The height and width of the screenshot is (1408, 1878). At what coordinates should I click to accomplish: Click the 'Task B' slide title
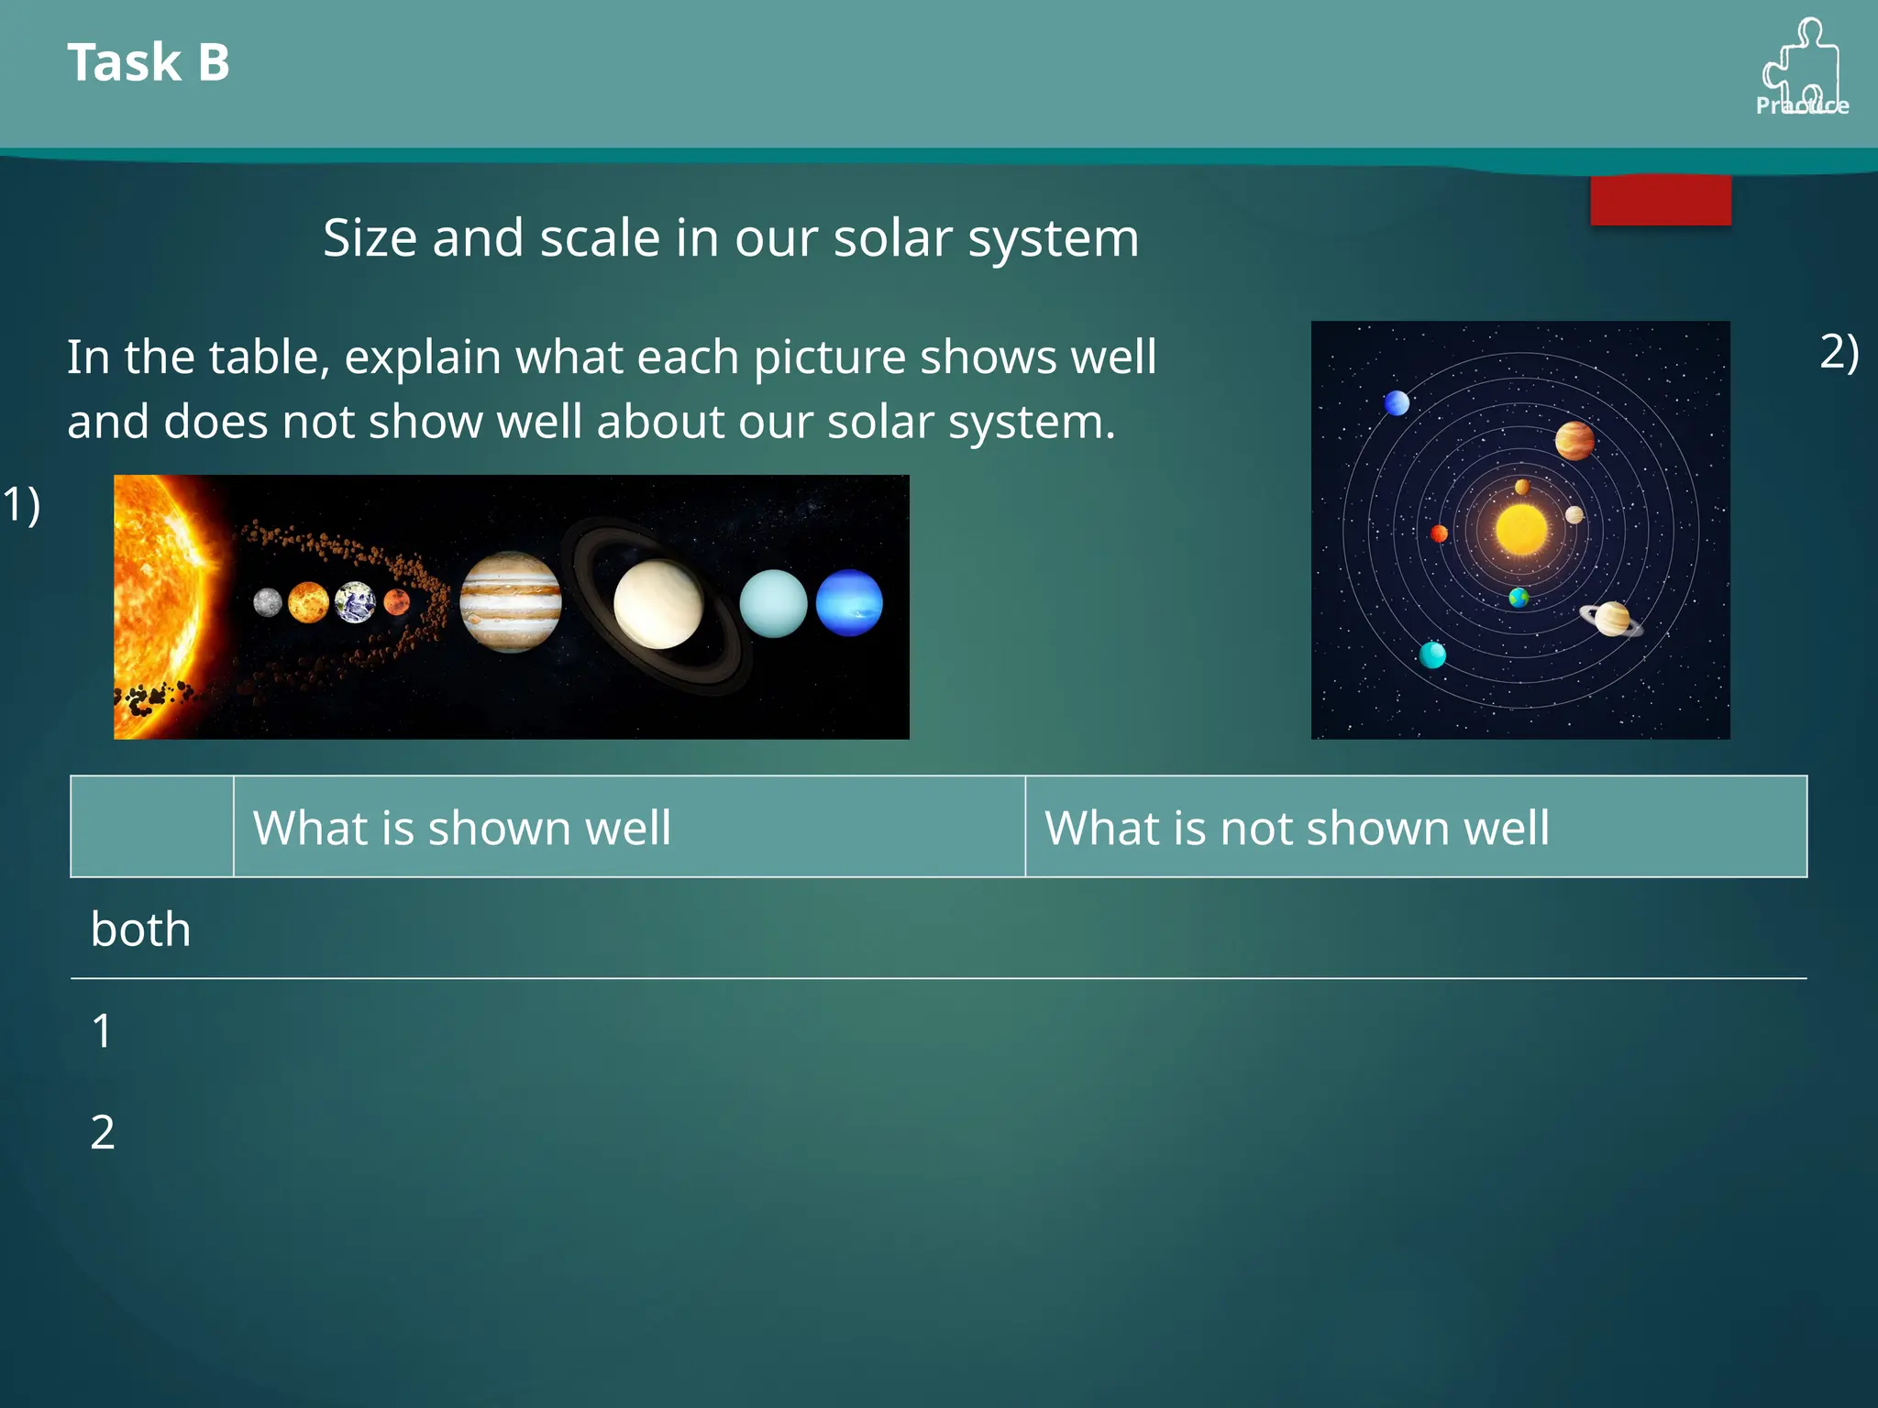(149, 62)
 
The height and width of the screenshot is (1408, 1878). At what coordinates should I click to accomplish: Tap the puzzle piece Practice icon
(1801, 68)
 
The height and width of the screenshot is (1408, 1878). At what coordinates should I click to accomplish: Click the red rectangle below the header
(1660, 200)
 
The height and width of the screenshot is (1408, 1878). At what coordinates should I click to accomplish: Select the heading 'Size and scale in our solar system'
(731, 238)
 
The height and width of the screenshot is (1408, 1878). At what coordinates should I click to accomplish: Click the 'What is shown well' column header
(462, 828)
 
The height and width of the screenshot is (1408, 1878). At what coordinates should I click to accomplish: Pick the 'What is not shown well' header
(1297, 828)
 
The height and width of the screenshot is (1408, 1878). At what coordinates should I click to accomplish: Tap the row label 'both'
(141, 929)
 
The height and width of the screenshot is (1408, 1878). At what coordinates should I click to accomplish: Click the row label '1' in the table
(102, 1031)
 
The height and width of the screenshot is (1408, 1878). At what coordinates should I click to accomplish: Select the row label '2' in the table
(103, 1132)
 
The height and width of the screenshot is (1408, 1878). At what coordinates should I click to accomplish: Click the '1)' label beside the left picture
(21, 504)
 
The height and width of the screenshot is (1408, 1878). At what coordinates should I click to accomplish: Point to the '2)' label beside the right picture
(1839, 351)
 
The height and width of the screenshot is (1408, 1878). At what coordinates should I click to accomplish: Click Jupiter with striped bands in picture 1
(510, 602)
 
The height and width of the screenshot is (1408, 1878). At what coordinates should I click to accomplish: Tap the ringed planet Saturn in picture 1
(658, 605)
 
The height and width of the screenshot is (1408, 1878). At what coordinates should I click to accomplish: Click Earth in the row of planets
(355, 602)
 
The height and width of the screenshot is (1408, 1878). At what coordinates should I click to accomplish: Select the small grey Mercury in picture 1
(267, 602)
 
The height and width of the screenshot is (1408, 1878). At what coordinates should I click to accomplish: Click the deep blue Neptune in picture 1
(849, 602)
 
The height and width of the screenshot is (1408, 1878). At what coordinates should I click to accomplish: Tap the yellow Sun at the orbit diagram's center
(1521, 529)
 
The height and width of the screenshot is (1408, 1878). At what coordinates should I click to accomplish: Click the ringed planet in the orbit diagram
(1611, 619)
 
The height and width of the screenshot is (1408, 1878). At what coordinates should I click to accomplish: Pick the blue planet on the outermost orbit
(1397, 402)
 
